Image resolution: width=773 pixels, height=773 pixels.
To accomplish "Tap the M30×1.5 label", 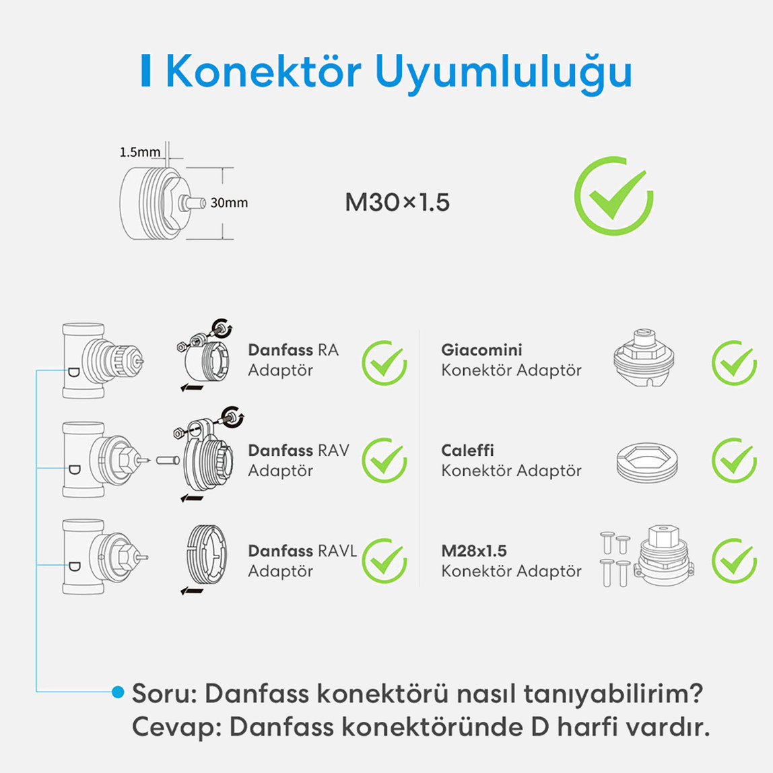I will (397, 202).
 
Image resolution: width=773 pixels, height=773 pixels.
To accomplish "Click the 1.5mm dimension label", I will (139, 152).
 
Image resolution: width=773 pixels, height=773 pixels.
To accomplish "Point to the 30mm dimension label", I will (229, 203).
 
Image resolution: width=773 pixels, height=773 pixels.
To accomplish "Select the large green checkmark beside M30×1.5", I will (613, 196).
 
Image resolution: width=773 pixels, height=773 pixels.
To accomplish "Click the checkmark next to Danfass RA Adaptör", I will (384, 363).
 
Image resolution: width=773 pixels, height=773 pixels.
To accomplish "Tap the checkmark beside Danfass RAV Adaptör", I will (384, 461).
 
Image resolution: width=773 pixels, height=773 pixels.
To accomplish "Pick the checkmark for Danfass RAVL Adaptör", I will (384, 561).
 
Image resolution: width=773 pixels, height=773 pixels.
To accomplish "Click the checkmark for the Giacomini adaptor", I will (734, 363).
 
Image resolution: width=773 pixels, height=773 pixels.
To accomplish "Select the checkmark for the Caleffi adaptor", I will (734, 461).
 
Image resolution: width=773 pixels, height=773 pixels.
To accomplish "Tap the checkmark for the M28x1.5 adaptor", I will (734, 561).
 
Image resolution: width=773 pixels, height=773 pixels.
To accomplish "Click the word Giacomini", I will (481, 350).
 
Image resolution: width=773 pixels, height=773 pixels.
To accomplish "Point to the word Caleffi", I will (467, 450).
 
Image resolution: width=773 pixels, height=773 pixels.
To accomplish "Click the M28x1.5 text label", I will (473, 551).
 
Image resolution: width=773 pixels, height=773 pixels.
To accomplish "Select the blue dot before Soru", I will (119, 692).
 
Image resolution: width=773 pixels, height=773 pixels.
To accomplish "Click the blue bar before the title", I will (145, 71).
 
